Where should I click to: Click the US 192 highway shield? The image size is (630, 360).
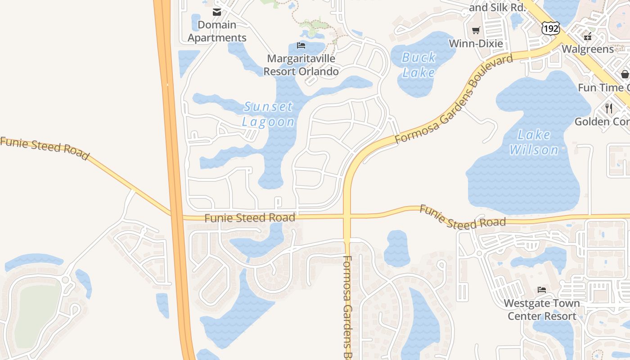pyautogui.click(x=551, y=28)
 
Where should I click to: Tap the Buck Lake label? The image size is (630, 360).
pyautogui.click(x=419, y=65)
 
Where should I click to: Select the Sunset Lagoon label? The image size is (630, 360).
pyautogui.click(x=268, y=114)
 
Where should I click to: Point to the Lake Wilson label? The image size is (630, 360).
pyautogui.click(x=534, y=142)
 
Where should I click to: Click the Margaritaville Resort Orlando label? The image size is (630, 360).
pyautogui.click(x=301, y=65)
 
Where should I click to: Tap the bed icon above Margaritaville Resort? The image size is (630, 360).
pyautogui.click(x=301, y=45)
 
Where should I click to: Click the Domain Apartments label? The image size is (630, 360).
pyautogui.click(x=217, y=31)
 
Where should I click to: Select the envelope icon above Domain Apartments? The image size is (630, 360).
pyautogui.click(x=217, y=12)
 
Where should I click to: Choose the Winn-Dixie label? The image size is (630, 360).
pyautogui.click(x=476, y=44)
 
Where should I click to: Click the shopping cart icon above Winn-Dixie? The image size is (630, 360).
pyautogui.click(x=476, y=31)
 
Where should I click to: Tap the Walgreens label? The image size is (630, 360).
pyautogui.click(x=588, y=49)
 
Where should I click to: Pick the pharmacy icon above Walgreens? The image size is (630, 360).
pyautogui.click(x=587, y=36)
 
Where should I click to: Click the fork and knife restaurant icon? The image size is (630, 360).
pyautogui.click(x=609, y=108)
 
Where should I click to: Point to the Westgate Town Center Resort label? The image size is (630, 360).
pyautogui.click(x=542, y=310)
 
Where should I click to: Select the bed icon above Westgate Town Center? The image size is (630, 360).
pyautogui.click(x=542, y=290)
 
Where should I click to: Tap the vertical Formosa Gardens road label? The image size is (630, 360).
pyautogui.click(x=347, y=306)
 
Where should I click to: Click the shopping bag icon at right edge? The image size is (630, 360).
pyautogui.click(x=625, y=74)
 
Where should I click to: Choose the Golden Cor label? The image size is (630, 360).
pyautogui.click(x=602, y=121)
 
